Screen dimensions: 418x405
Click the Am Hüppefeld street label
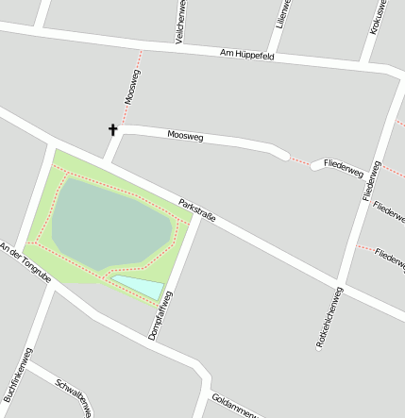click(x=246, y=55)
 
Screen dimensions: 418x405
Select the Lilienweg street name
click(x=280, y=15)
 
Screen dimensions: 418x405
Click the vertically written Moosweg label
click(x=132, y=86)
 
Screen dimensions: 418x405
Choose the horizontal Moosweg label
click(x=185, y=136)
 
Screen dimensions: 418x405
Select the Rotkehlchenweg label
click(x=326, y=318)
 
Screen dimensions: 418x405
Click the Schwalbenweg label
click(x=74, y=396)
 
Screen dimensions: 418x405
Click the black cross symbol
click(x=112, y=129)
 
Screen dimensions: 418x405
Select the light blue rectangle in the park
click(x=138, y=286)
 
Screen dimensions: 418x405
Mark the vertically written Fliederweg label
click(x=370, y=180)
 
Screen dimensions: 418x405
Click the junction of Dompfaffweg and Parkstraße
click(x=197, y=224)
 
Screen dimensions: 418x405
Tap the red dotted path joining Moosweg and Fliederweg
click(x=300, y=159)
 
